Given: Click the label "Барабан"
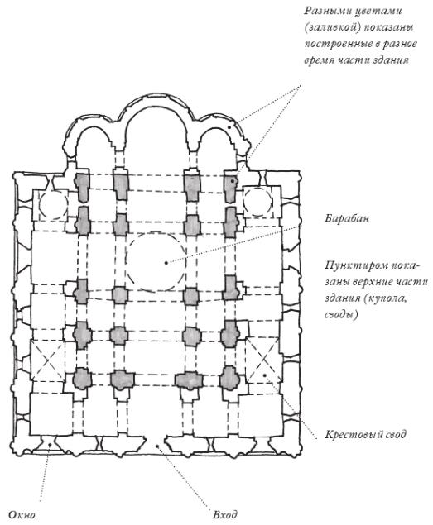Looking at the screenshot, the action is pyautogui.click(x=347, y=218).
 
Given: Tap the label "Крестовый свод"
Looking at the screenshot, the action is pyautogui.click(x=365, y=434).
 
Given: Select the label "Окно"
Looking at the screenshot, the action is pyautogui.click(x=22, y=514).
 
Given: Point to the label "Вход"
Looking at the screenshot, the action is pyautogui.click(x=225, y=514).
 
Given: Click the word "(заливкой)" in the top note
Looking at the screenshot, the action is pyautogui.click(x=330, y=27).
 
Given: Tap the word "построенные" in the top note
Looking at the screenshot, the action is pyautogui.click(x=336, y=44).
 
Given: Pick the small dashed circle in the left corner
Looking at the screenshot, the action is pyautogui.click(x=40, y=204).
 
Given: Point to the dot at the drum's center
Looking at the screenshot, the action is pyautogui.click(x=166, y=263).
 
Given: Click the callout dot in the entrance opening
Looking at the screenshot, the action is pyautogui.click(x=156, y=446).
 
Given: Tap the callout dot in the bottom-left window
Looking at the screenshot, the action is pyautogui.click(x=50, y=445).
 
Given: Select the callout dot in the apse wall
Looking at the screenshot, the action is pyautogui.click(x=229, y=127).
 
